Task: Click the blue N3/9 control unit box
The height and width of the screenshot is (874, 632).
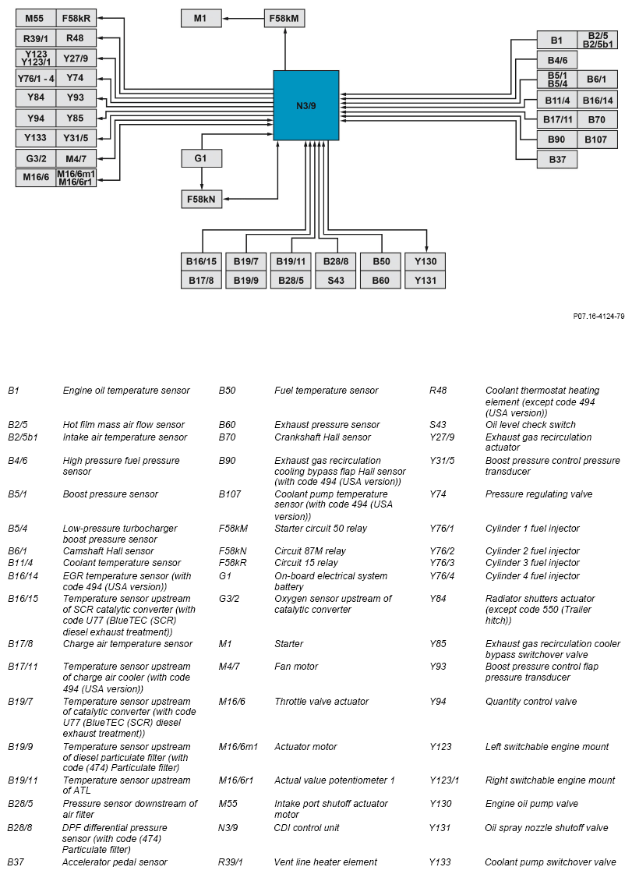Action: pyautogui.click(x=306, y=105)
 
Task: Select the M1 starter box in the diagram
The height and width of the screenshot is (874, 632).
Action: pyautogui.click(x=201, y=18)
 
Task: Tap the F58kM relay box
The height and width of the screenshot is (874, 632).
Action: pyautogui.click(x=284, y=18)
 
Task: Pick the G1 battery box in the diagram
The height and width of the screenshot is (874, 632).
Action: pyautogui.click(x=201, y=158)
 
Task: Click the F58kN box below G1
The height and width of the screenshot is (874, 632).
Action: pyautogui.click(x=201, y=199)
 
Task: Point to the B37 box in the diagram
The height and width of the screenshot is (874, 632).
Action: pyautogui.click(x=557, y=159)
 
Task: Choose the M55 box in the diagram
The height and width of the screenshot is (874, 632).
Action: pyautogui.click(x=35, y=18)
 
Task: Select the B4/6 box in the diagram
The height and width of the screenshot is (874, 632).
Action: pyautogui.click(x=557, y=60)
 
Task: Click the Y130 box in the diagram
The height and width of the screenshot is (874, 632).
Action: pyautogui.click(x=425, y=260)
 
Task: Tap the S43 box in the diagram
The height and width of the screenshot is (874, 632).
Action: pyautogui.click(x=336, y=280)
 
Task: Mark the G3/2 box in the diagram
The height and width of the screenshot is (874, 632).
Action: pyautogui.click(x=35, y=158)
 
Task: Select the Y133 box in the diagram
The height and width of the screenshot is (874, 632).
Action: pyautogui.click(x=35, y=138)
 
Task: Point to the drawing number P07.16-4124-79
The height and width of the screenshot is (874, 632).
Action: pyautogui.click(x=598, y=317)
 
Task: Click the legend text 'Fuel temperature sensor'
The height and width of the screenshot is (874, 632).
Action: pyautogui.click(x=326, y=391)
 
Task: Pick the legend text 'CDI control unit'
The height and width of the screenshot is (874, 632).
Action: pyautogui.click(x=306, y=828)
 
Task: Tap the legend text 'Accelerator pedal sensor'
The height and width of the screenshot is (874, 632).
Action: pyautogui.click(x=115, y=862)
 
